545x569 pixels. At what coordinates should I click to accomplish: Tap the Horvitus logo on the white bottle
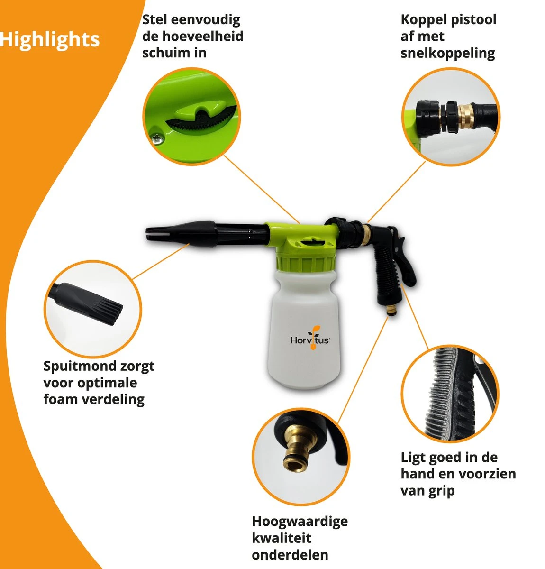tap(310, 339)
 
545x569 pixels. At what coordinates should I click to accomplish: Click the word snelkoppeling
tap(447, 54)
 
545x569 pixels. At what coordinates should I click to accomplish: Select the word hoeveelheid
tap(202, 36)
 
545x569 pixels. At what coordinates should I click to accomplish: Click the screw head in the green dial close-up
tap(158, 137)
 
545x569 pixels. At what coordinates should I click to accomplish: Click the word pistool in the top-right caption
tap(474, 20)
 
